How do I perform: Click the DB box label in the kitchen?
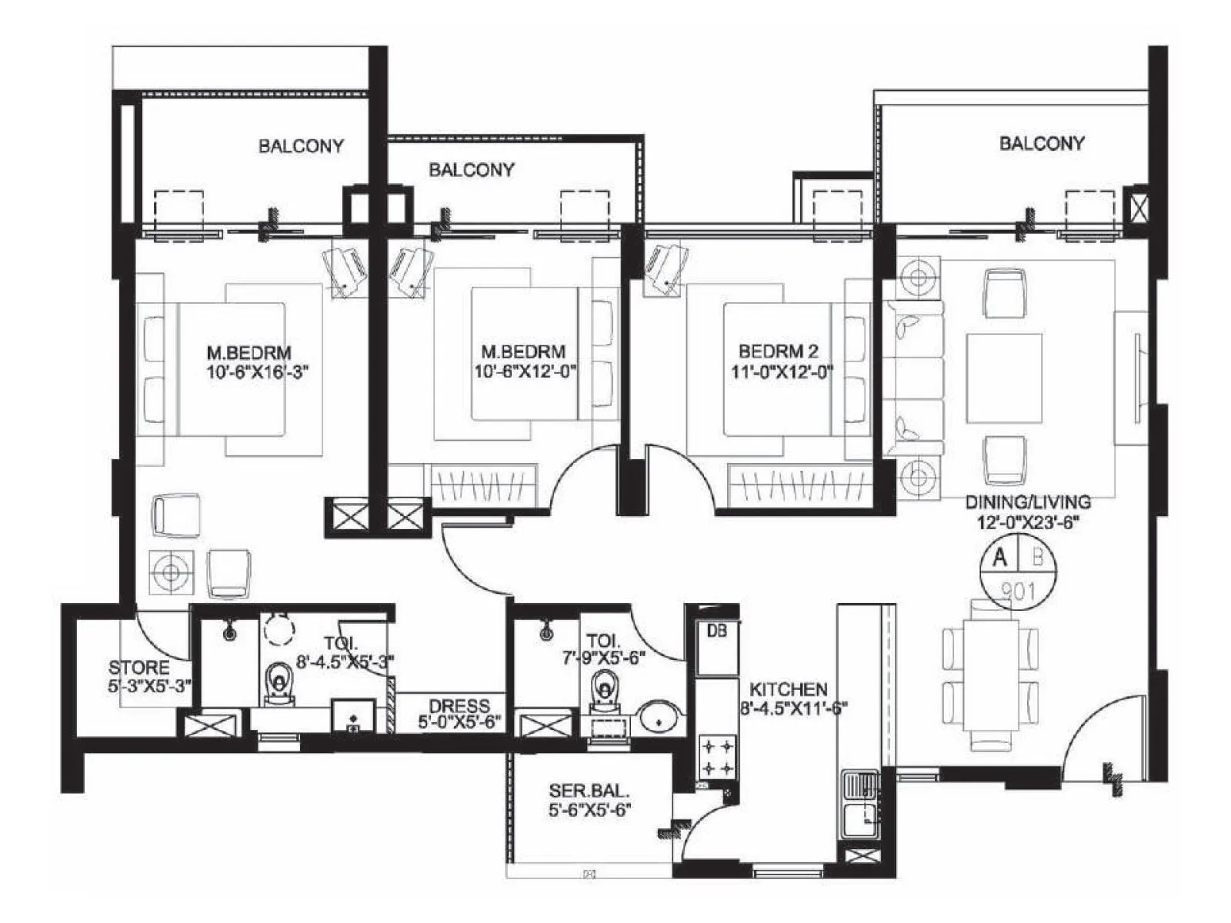point(716,631)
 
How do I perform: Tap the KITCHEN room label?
point(788,690)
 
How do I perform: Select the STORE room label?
point(138,668)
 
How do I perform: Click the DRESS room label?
point(459,705)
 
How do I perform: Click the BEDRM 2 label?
point(778,352)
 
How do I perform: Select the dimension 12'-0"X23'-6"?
point(1028,523)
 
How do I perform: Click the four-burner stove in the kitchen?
point(717,756)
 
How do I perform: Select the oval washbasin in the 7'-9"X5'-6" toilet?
point(659,716)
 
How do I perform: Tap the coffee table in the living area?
point(1003,378)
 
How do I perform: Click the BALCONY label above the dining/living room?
point(1041,143)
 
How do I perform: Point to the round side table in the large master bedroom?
point(171,571)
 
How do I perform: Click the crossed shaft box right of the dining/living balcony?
point(1137,207)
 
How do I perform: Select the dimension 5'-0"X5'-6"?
point(459,723)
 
